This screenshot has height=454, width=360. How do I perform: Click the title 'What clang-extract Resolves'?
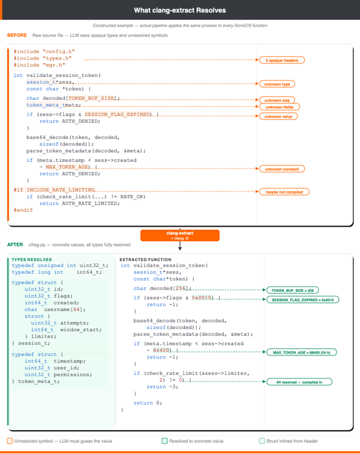[179, 10]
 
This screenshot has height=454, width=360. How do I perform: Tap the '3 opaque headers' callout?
[281, 60]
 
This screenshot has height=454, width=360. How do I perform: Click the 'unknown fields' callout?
[277, 107]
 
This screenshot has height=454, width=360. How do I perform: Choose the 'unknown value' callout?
[277, 117]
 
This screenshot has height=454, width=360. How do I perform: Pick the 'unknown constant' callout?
[282, 169]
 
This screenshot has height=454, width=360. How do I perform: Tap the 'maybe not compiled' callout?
[284, 192]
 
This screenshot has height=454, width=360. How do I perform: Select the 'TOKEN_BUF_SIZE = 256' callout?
[292, 290]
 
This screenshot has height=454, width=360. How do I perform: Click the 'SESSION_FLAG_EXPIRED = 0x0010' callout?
[302, 300]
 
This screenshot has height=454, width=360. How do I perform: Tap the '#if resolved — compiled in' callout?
[295, 382]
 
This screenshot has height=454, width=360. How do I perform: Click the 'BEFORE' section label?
[17, 36]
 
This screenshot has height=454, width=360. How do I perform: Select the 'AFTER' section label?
[15, 245]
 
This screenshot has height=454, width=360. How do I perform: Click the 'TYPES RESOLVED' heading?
[32, 260]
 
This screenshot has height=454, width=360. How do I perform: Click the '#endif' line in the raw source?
[23, 210]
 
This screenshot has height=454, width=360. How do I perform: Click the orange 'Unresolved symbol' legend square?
[10, 441]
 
